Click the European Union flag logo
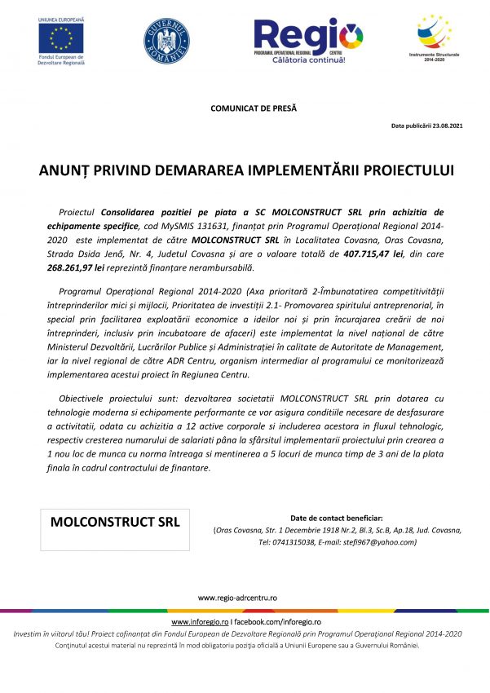tap(60, 37)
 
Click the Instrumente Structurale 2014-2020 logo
tap(434, 37)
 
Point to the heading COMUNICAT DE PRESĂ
tap(254, 108)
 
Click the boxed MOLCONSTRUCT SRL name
tap(115, 520)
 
